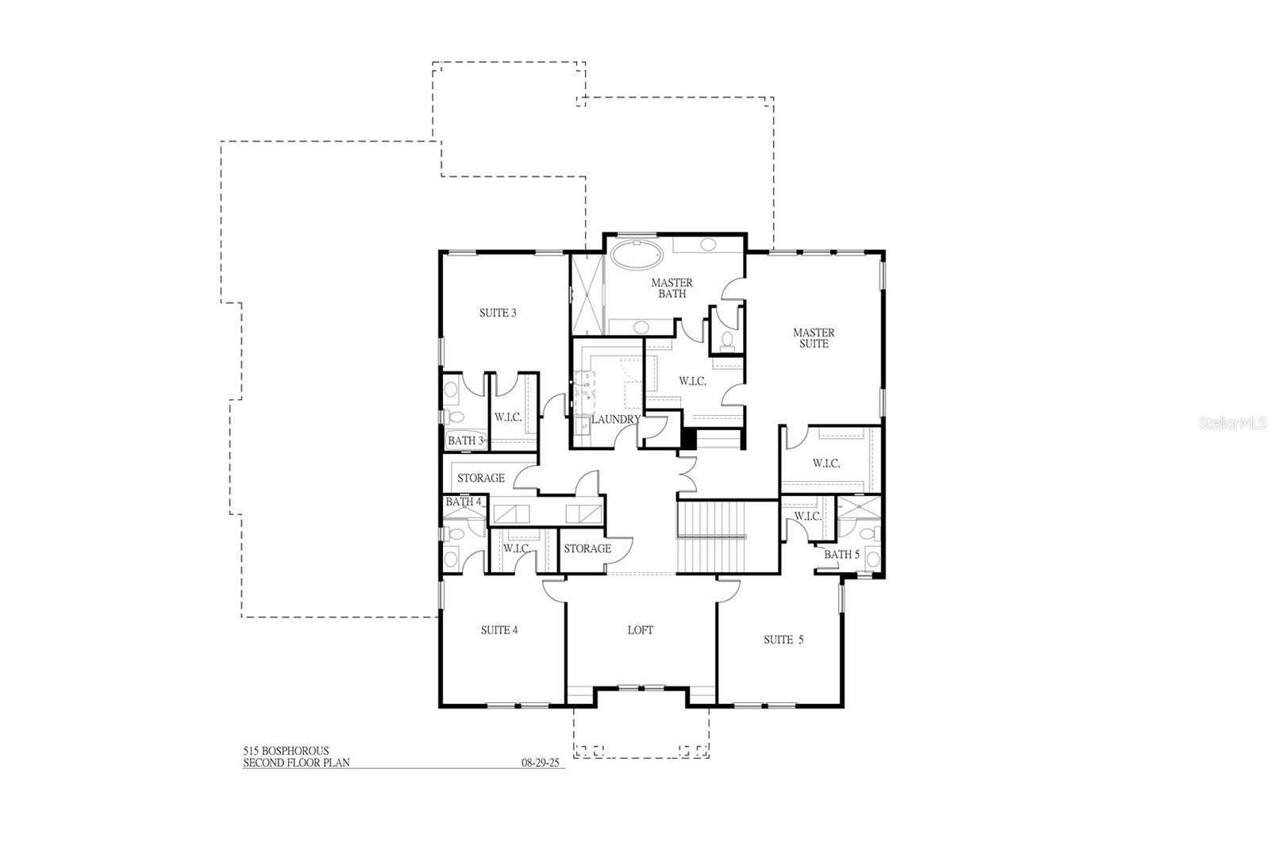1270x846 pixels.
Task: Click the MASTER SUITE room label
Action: (814, 338)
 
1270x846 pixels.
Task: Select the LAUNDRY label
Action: (615, 419)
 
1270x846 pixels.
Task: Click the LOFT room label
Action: (641, 630)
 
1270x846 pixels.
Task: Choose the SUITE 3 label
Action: (498, 313)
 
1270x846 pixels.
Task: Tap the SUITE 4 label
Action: (499, 630)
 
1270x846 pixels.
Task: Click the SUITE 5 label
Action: (783, 640)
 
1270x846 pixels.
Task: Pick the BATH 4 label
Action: (463, 502)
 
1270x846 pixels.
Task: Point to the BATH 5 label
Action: (841, 554)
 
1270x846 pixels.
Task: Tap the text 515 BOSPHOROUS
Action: (286, 751)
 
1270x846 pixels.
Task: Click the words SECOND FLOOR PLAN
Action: (296, 763)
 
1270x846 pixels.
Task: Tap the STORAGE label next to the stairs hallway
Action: (587, 548)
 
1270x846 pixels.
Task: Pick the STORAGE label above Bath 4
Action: (480, 478)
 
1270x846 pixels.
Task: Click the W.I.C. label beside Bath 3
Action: (508, 417)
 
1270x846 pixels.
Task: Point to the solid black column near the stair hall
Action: (688, 439)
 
